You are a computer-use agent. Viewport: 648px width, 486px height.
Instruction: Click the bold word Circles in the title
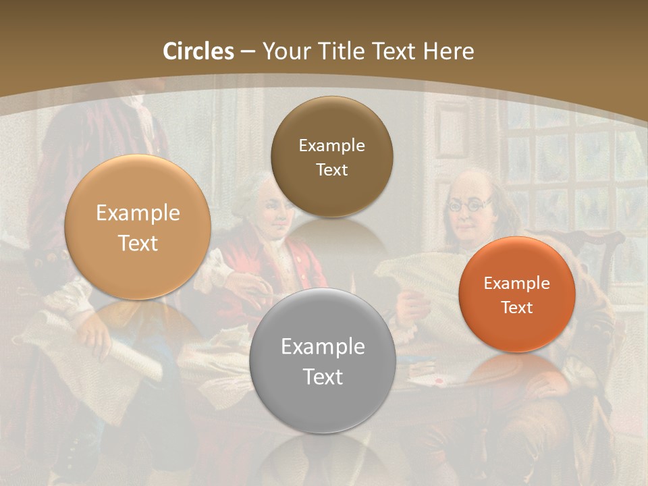point(198,51)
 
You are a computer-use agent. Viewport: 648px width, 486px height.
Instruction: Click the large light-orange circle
point(138,227)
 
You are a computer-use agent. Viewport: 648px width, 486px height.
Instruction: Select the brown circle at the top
point(331,157)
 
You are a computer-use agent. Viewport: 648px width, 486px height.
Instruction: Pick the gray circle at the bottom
point(322,361)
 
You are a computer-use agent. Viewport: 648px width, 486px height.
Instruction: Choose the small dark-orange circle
point(516,294)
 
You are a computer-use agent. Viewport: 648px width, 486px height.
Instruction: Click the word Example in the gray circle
point(322,347)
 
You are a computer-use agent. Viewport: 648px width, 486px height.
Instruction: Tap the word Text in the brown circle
point(331,170)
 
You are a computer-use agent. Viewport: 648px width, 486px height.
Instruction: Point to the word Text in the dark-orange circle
point(516,308)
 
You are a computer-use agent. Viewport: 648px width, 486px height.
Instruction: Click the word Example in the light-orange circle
point(138,213)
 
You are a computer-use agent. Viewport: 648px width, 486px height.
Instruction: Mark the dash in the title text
point(248,51)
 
